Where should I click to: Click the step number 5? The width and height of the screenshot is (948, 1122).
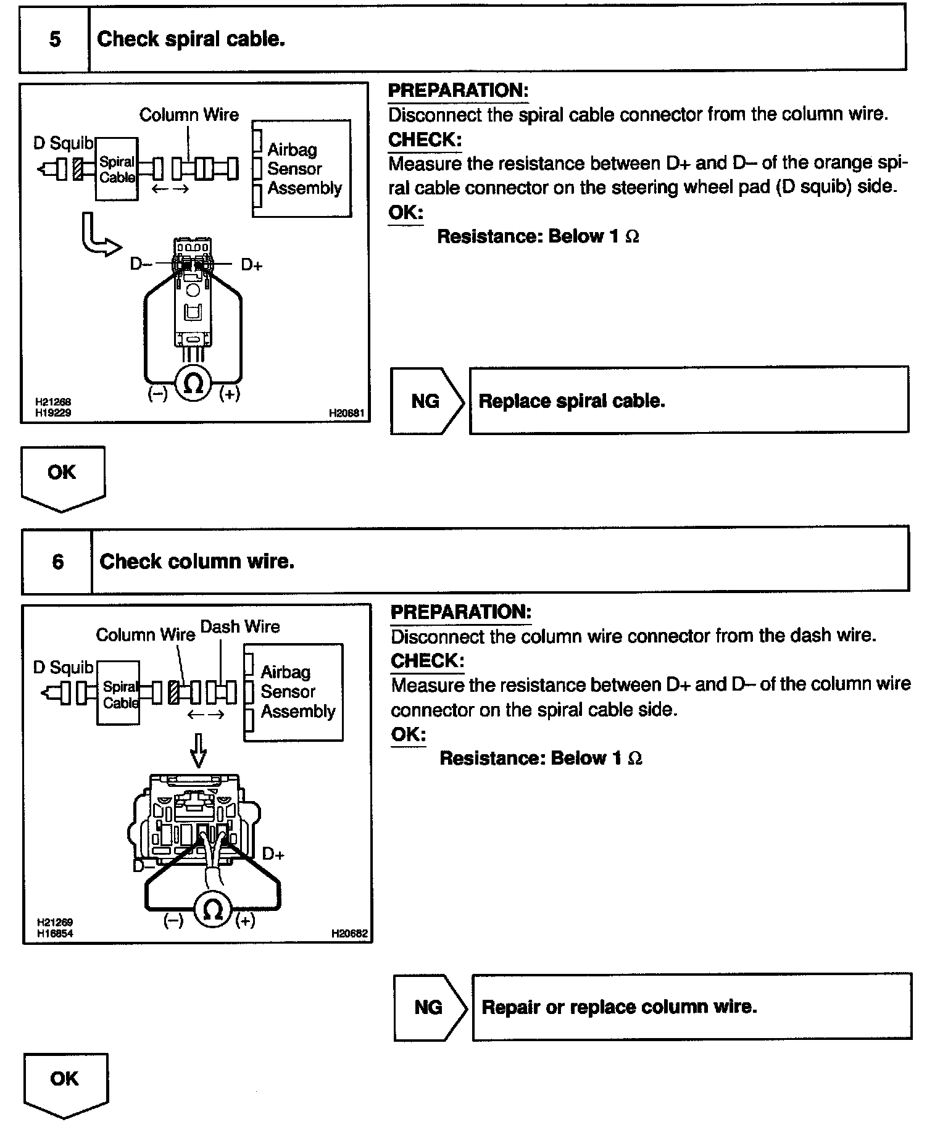pos(55,39)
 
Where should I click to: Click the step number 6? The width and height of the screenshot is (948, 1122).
pos(57,562)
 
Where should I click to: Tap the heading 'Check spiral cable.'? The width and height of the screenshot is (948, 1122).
pos(191,39)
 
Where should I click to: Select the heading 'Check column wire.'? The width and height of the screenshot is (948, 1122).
pos(197,562)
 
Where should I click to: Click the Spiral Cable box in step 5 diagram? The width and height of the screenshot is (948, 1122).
pos(117,169)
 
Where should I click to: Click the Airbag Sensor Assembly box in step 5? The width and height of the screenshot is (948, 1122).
pos(302,168)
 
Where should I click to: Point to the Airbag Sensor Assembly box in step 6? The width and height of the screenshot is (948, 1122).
pos(294,692)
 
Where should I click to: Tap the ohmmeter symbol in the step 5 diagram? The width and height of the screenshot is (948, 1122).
pos(193,384)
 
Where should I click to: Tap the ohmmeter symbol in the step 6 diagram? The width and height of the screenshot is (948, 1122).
pos(212,911)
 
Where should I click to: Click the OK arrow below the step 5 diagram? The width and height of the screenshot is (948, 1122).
pos(62,476)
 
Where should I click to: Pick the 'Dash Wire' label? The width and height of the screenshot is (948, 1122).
pos(240,627)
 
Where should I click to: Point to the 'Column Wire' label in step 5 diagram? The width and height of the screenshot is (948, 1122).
pos(189,115)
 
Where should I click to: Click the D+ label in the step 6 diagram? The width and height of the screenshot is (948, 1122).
pos(273,854)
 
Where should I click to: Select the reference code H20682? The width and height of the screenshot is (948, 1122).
pos(349,934)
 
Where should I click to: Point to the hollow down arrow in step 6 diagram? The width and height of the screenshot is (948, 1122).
pos(197,750)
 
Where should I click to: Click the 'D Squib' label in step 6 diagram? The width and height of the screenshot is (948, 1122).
pos(63,668)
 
